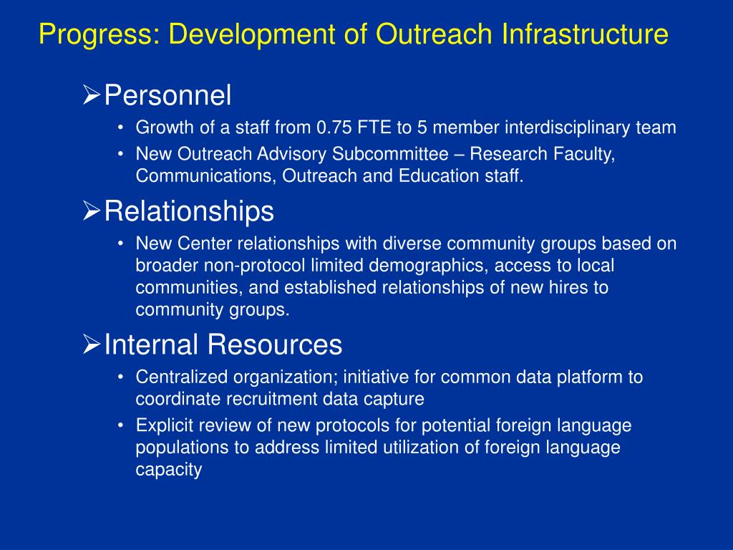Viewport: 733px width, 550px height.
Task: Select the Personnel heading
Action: point(168,95)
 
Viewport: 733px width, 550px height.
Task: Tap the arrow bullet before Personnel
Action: point(91,95)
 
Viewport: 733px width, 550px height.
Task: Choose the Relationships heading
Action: point(189,211)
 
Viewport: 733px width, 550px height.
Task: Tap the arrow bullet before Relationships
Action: point(91,211)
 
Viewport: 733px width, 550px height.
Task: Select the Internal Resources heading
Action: point(223,345)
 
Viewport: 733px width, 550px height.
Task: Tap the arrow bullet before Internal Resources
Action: point(91,345)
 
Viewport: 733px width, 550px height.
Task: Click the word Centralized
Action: point(178,377)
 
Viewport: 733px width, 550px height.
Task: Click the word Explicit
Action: point(162,425)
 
